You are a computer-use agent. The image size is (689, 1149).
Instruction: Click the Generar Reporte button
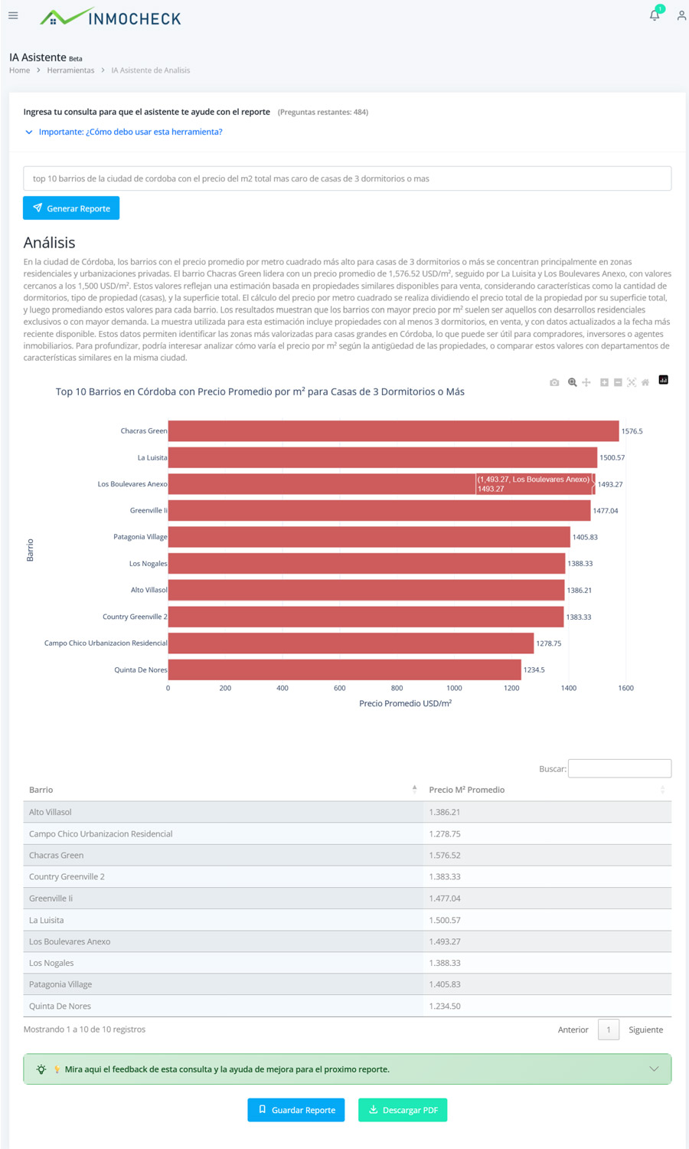[x=71, y=208]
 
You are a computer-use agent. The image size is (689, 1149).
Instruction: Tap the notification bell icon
[x=655, y=15]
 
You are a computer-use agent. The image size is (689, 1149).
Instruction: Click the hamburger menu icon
[x=13, y=15]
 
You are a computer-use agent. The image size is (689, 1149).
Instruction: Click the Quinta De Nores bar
[x=344, y=669]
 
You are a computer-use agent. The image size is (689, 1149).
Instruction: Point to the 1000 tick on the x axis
[x=454, y=688]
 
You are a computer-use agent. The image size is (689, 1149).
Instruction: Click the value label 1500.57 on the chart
[x=612, y=458]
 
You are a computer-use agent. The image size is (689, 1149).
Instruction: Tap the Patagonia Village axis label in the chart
[x=140, y=537]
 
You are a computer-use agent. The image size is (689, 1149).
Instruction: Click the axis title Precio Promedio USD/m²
[x=405, y=703]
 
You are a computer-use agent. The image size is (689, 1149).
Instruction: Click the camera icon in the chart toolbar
[x=554, y=382]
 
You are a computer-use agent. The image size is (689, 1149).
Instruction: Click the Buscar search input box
[x=619, y=768]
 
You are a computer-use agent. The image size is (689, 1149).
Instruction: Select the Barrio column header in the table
[x=41, y=790]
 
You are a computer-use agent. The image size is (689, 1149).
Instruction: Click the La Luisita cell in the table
[x=47, y=920]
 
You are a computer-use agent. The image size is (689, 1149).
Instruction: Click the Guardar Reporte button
[x=296, y=1110]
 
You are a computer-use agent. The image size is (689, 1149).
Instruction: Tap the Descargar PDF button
[x=403, y=1110]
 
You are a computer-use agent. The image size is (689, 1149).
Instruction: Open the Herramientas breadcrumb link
[x=70, y=70]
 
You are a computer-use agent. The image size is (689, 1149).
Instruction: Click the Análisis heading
[x=50, y=243]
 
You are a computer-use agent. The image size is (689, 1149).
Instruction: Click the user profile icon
[x=681, y=15]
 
